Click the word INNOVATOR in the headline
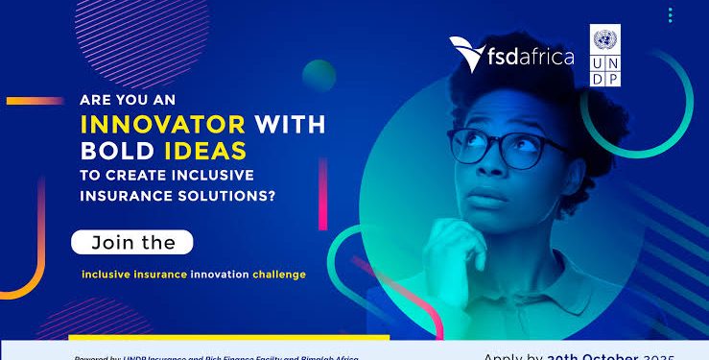click(x=168, y=125)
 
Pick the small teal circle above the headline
click(x=319, y=75)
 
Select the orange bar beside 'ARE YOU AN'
click(x=35, y=100)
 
